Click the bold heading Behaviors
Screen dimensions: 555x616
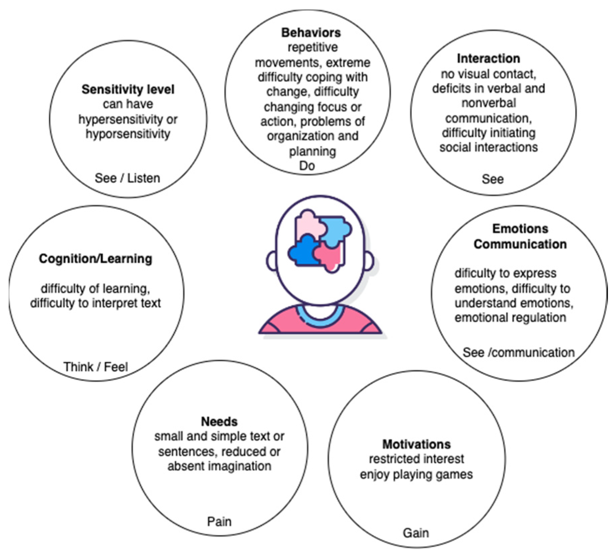tap(311, 33)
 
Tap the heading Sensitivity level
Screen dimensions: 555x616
tap(128, 89)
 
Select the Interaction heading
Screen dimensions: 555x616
tap(488, 59)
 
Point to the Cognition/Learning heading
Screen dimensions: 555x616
tap(96, 259)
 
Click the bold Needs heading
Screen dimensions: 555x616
tap(219, 422)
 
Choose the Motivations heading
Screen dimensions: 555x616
tap(416, 444)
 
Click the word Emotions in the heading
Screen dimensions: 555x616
tap(520, 229)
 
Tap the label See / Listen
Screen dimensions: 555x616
tap(127, 178)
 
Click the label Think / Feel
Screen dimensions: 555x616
tap(96, 367)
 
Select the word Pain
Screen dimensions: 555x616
tap(219, 521)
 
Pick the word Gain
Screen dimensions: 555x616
tap(416, 533)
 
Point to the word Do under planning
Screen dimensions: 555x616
tap(307, 166)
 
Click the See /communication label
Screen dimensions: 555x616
tap(518, 352)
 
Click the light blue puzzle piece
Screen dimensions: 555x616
tap(336, 227)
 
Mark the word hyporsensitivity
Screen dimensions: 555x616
tap(128, 134)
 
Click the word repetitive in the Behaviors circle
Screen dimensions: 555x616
tap(313, 48)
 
